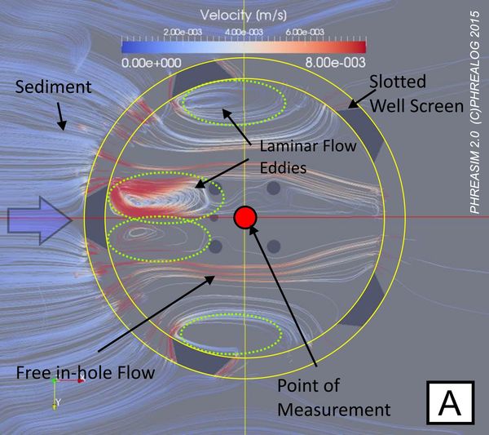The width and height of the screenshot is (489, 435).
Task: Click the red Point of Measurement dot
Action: pyautogui.click(x=245, y=217)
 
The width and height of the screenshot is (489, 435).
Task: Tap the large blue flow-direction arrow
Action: pyautogui.click(x=40, y=220)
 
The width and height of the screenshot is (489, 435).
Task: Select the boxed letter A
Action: pyautogui.click(x=450, y=402)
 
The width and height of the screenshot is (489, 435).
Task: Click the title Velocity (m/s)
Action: pyautogui.click(x=243, y=15)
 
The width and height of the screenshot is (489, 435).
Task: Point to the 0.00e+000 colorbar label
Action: pyautogui.click(x=152, y=63)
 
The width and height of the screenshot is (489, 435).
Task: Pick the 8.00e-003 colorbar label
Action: pyautogui.click(x=335, y=63)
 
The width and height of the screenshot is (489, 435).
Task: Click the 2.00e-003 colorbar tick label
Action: pyautogui.click(x=183, y=32)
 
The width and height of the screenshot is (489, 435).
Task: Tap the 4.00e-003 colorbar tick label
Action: pyautogui.click(x=244, y=32)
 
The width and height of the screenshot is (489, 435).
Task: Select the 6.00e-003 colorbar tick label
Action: pyautogui.click(x=304, y=32)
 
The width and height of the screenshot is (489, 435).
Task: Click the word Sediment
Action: pyautogui.click(x=53, y=87)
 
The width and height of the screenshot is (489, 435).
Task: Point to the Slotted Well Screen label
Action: pyautogui.click(x=416, y=94)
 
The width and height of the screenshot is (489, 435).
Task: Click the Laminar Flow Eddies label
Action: pyautogui.click(x=308, y=157)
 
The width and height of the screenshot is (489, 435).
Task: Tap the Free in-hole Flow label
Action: pyautogui.click(x=85, y=372)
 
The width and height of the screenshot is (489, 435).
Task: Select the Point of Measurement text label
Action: pyautogui.click(x=333, y=397)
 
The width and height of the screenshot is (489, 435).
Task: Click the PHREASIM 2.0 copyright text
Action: pyautogui.click(x=474, y=113)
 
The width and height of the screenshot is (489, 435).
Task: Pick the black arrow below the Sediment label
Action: pyautogui.click(x=61, y=117)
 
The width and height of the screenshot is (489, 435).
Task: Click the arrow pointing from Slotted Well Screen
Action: pyautogui.click(x=362, y=99)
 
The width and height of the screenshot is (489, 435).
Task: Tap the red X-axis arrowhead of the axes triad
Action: pyautogui.click(x=81, y=380)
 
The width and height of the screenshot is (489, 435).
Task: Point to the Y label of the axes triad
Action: pyautogui.click(x=58, y=402)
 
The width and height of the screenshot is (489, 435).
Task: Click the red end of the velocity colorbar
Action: pyautogui.click(x=362, y=47)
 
